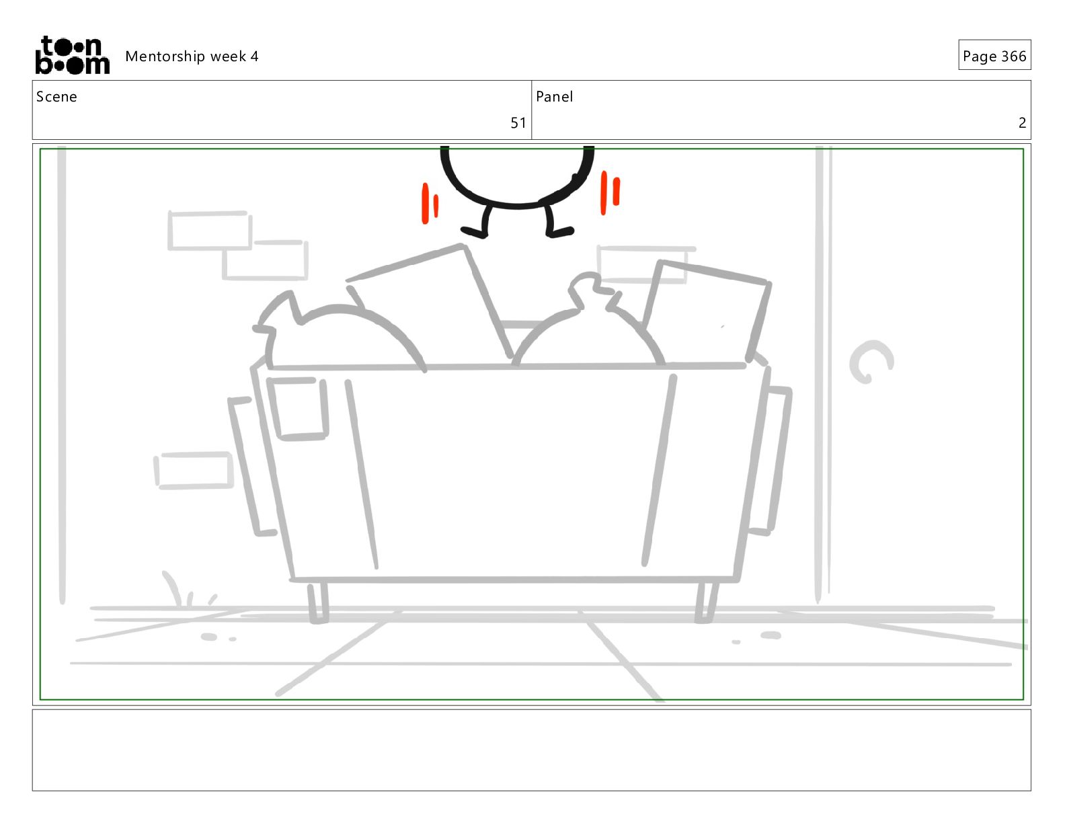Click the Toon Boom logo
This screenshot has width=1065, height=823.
click(x=73, y=55)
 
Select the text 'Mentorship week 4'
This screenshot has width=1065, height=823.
click(x=192, y=56)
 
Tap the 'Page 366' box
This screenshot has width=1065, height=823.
click(x=994, y=55)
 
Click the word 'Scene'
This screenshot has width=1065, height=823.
click(x=56, y=97)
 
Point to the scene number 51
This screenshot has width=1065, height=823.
click(x=518, y=122)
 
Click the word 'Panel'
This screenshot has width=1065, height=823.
click(x=554, y=97)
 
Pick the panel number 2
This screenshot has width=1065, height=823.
click(x=1023, y=122)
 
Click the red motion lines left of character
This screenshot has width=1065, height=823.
click(x=430, y=204)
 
